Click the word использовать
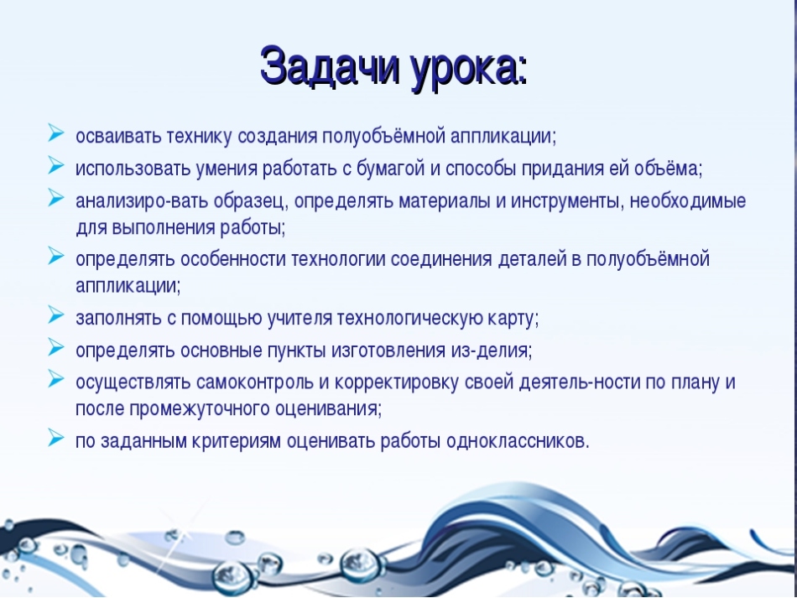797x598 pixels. click(x=133, y=169)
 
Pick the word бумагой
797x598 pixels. click(x=390, y=169)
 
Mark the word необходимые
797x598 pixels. click(x=688, y=201)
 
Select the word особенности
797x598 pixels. click(x=232, y=259)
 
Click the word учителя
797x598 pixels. click(x=300, y=318)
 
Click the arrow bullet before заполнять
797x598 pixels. click(x=56, y=315)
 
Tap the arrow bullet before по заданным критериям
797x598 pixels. click(x=56, y=438)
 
